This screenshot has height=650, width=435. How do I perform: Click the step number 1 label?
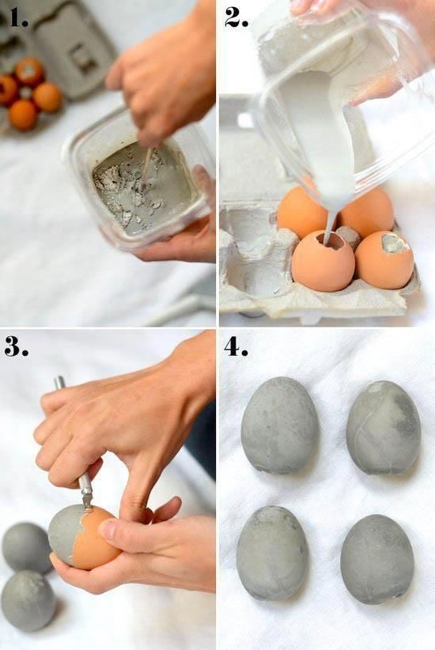pyautogui.click(x=17, y=17)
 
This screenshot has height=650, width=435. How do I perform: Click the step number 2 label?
pyautogui.click(x=236, y=17)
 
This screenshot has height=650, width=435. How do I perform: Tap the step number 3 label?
pyautogui.click(x=16, y=346)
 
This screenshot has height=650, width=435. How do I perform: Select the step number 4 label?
pyautogui.click(x=236, y=346)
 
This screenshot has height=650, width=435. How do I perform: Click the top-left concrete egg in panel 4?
pyautogui.click(x=279, y=425)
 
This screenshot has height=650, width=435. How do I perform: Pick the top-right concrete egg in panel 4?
pyautogui.click(x=384, y=427)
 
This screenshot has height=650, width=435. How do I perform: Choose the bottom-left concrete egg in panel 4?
pyautogui.click(x=272, y=552)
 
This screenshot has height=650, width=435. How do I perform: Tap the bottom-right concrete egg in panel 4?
pyautogui.click(x=377, y=558)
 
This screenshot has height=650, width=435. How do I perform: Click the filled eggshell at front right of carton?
pyautogui.click(x=384, y=259)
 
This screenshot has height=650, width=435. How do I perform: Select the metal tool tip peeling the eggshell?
pyautogui.click(x=86, y=497)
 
